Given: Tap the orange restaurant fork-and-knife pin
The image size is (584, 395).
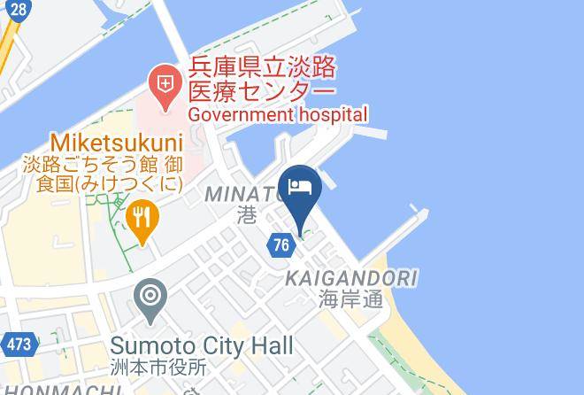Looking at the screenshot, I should [142, 216].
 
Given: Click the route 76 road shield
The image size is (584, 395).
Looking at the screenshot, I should [281, 244].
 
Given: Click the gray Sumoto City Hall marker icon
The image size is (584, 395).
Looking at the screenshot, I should [150, 297].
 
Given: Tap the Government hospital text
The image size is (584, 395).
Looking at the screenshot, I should [276, 114].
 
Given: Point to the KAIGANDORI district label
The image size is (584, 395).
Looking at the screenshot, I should [350, 279].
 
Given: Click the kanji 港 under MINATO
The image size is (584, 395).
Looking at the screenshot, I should [248, 214].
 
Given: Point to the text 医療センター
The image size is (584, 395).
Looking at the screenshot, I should [261, 91].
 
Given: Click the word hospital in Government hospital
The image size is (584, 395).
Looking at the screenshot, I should [331, 114].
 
